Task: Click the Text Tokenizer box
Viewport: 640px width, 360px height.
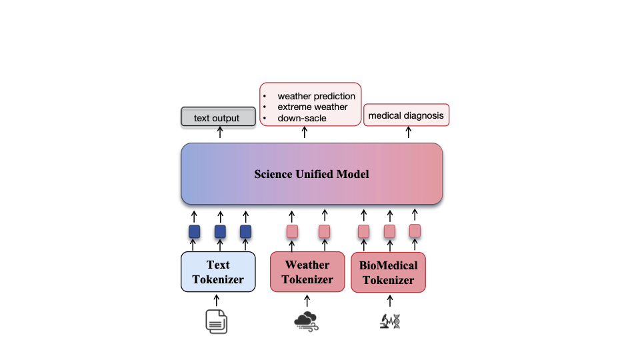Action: (x=218, y=272)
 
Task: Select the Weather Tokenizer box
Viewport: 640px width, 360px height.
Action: (x=307, y=272)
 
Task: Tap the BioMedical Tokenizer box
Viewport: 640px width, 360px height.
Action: (x=388, y=272)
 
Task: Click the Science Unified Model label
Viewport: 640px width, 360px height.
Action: (x=311, y=175)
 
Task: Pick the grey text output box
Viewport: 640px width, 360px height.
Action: (x=219, y=117)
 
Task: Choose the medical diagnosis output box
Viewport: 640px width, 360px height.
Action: (x=406, y=115)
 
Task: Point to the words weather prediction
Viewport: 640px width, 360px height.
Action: (x=316, y=96)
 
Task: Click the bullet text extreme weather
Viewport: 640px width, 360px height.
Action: (x=312, y=107)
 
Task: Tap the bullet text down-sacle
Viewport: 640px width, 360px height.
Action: (x=302, y=118)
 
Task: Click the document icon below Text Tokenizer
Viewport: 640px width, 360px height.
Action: (x=216, y=321)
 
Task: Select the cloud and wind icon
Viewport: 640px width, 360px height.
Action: (x=307, y=321)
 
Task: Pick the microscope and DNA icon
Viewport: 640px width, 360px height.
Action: (x=390, y=321)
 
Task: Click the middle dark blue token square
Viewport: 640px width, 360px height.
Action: (x=220, y=232)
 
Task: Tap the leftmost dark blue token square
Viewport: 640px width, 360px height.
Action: (x=194, y=232)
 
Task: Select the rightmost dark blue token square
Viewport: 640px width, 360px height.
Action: (x=245, y=232)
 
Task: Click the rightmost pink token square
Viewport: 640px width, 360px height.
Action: (x=415, y=230)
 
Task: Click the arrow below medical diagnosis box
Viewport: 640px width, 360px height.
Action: (x=408, y=133)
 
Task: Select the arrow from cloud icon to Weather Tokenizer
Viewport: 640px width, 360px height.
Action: (x=307, y=301)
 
